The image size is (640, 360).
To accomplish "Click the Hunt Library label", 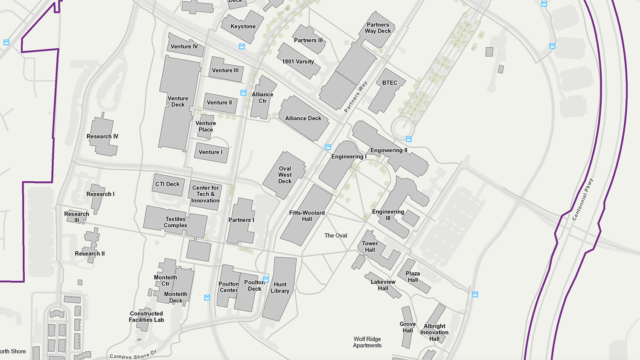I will click(280, 287).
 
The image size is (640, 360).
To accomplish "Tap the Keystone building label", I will click(243, 26).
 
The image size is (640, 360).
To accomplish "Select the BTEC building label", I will click(390, 83).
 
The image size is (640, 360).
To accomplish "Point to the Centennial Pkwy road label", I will click(582, 199).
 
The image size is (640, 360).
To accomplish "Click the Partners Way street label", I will click(355, 97).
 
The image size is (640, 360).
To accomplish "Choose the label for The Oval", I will click(335, 235).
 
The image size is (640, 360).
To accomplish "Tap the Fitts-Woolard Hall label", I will click(307, 216).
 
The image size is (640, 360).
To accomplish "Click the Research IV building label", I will click(102, 136).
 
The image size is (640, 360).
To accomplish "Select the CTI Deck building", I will click(168, 184).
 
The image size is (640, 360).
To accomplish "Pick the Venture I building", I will click(210, 152).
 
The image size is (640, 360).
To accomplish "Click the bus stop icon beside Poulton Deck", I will click(266, 280).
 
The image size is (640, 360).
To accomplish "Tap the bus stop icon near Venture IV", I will click(242, 46).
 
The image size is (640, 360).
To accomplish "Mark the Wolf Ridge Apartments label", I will click(367, 342).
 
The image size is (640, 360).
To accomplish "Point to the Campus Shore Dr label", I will click(133, 355).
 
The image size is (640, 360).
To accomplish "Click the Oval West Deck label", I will click(285, 175).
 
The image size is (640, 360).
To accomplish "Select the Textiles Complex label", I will click(175, 222).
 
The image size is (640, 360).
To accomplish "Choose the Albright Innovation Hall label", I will click(434, 332).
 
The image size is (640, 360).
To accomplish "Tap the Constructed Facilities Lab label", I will click(146, 316).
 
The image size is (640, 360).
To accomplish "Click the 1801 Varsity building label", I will click(298, 61).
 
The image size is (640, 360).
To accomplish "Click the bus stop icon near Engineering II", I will click(409, 139).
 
